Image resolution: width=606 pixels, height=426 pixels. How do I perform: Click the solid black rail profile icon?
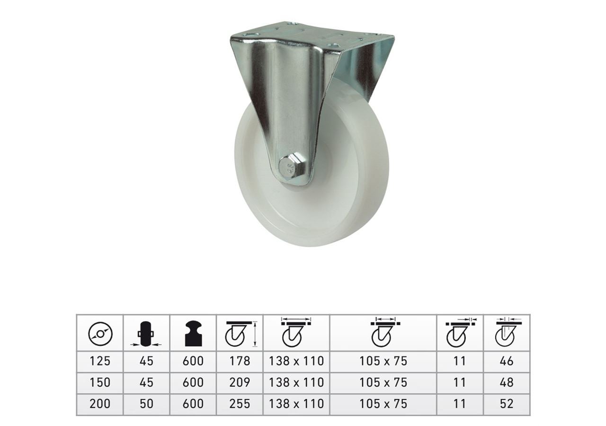[193, 334]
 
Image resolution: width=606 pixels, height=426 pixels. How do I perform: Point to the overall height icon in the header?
[240, 334]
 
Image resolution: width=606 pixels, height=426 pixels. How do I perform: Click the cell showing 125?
[100, 361]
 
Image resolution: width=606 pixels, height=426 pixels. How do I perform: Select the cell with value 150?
[100, 382]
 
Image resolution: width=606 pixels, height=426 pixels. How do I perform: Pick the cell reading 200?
[100, 403]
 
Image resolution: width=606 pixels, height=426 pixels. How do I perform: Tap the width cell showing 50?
[146, 403]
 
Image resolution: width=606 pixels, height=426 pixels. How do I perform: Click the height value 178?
[240, 361]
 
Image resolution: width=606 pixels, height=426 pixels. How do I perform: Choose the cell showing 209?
[240, 382]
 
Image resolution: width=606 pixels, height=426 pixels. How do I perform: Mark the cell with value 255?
[240, 403]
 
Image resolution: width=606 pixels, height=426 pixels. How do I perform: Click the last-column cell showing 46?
[507, 361]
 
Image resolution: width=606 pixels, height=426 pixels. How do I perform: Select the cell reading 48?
[507, 382]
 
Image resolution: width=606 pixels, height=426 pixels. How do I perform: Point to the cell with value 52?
[507, 403]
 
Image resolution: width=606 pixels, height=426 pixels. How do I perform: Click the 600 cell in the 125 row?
[193, 361]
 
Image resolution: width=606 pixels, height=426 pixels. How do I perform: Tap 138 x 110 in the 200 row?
[296, 403]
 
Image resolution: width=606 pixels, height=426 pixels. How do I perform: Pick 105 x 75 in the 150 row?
[383, 382]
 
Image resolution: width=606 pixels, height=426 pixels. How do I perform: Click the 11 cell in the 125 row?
[459, 361]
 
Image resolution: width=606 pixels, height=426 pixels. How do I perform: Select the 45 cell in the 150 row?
[146, 382]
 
